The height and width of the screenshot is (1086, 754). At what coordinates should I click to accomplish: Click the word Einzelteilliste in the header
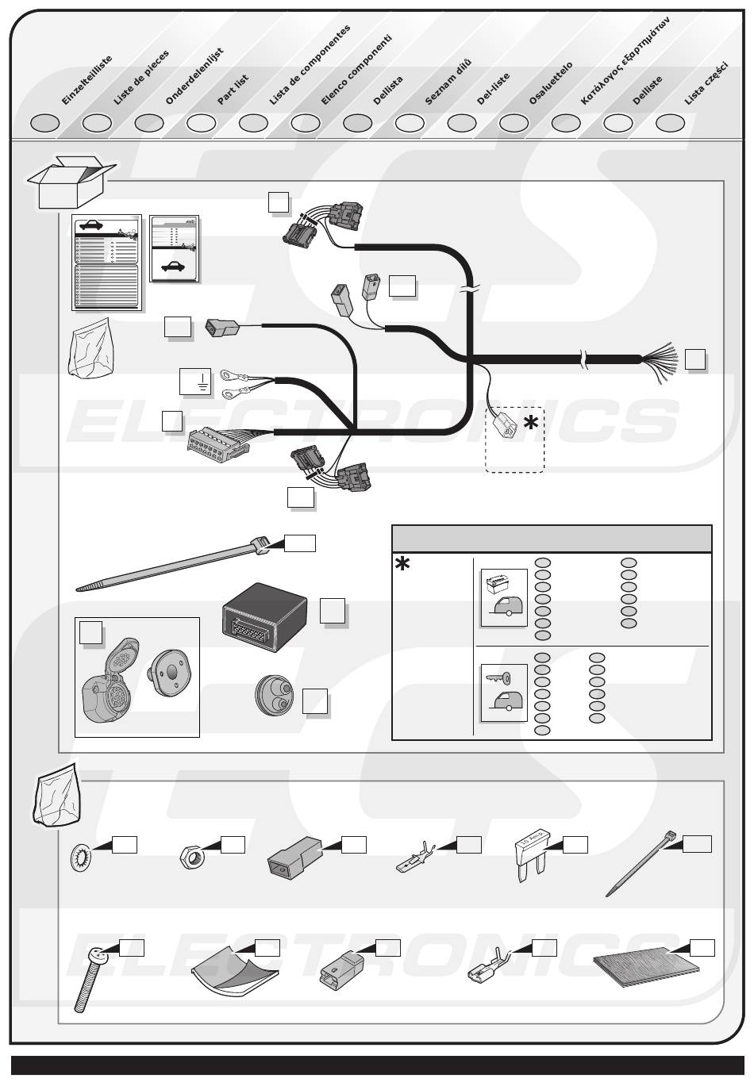87,80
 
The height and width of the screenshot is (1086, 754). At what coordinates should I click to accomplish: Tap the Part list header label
233,90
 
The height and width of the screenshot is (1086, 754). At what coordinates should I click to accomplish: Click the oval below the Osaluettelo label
566,123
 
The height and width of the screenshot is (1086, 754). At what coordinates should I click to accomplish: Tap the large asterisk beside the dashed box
530,424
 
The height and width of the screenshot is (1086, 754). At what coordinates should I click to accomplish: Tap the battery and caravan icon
504,597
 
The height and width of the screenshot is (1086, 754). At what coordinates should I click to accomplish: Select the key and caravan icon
504,692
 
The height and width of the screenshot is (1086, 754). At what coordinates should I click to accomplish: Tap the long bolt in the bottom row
87,980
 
